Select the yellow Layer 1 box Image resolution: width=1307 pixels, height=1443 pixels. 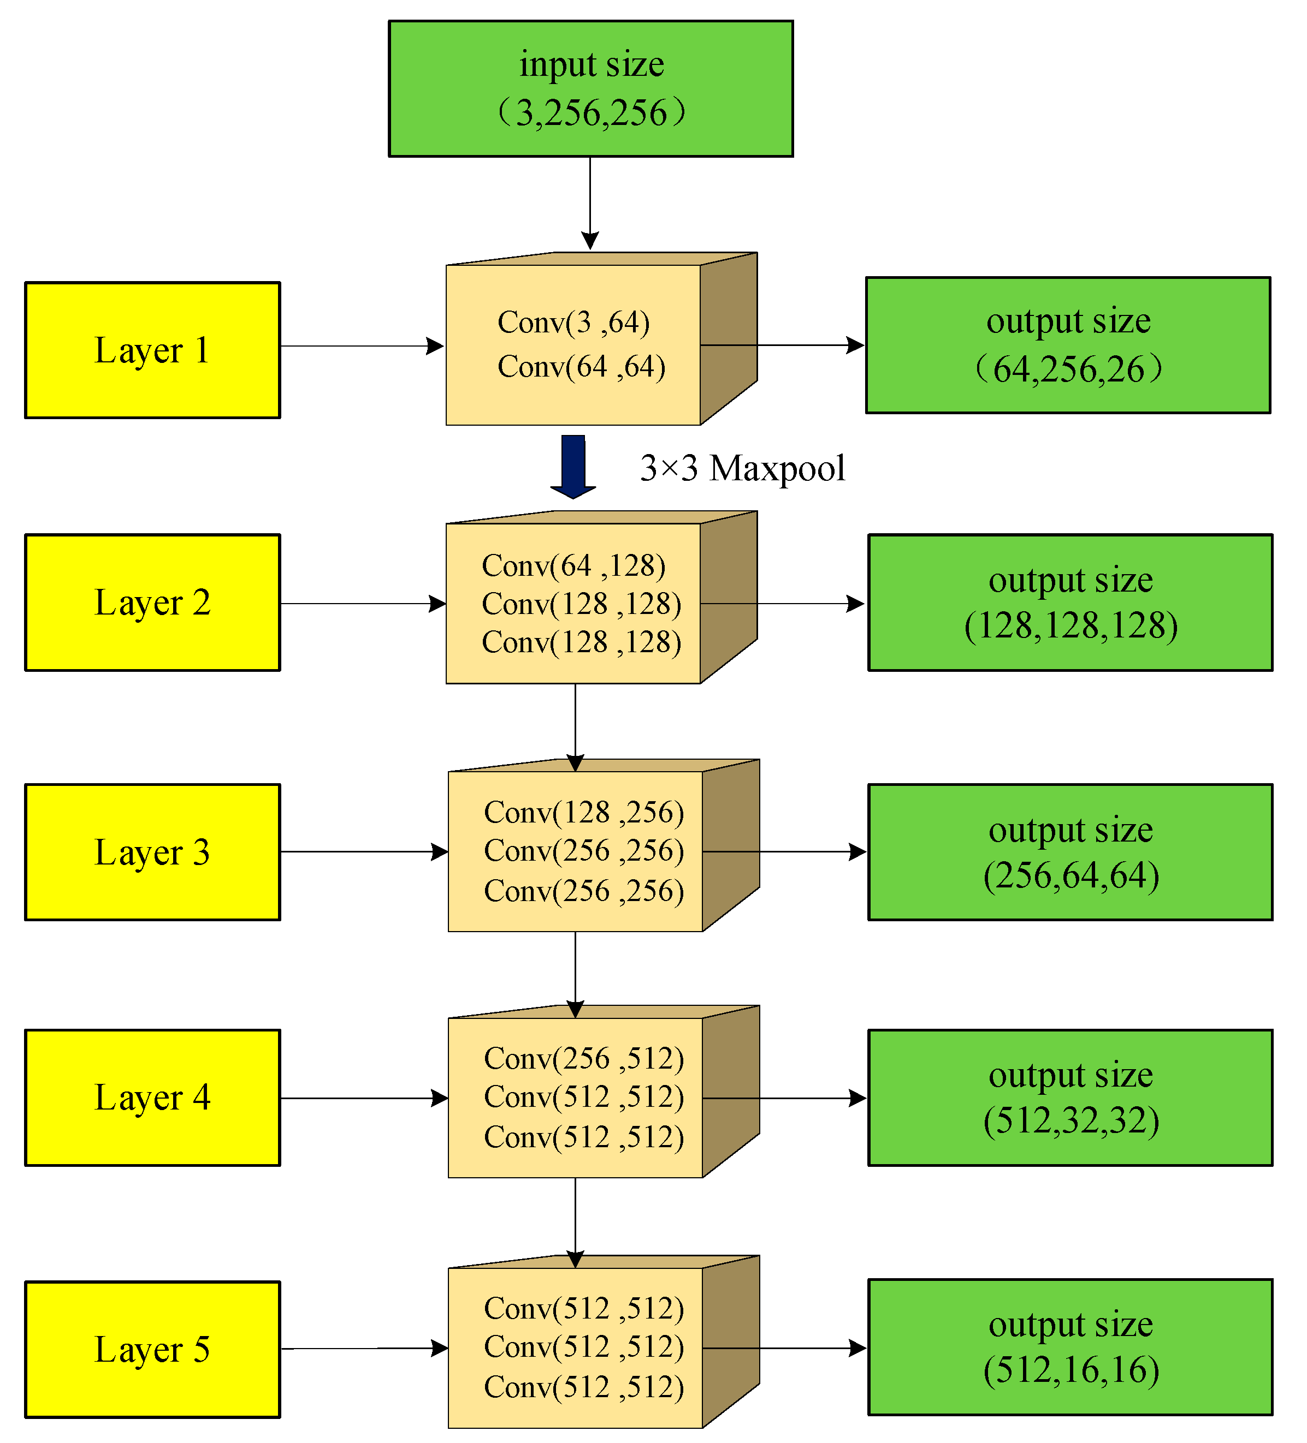click(x=152, y=350)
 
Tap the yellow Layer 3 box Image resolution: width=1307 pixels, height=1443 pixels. click(x=152, y=852)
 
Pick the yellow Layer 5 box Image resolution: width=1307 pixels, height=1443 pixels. click(x=152, y=1349)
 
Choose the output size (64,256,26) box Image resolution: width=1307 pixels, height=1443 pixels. click(x=1068, y=345)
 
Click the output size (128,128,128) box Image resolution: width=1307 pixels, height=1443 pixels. click(x=1070, y=602)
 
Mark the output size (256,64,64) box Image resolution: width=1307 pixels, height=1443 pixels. click(x=1070, y=852)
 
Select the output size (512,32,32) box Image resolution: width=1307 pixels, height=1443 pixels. click(x=1070, y=1098)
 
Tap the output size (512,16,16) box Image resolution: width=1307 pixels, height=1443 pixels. click(x=1070, y=1347)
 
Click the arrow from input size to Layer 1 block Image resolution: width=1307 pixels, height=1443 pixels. click(x=590, y=204)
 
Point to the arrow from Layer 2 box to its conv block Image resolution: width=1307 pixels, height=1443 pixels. click(x=362, y=604)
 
